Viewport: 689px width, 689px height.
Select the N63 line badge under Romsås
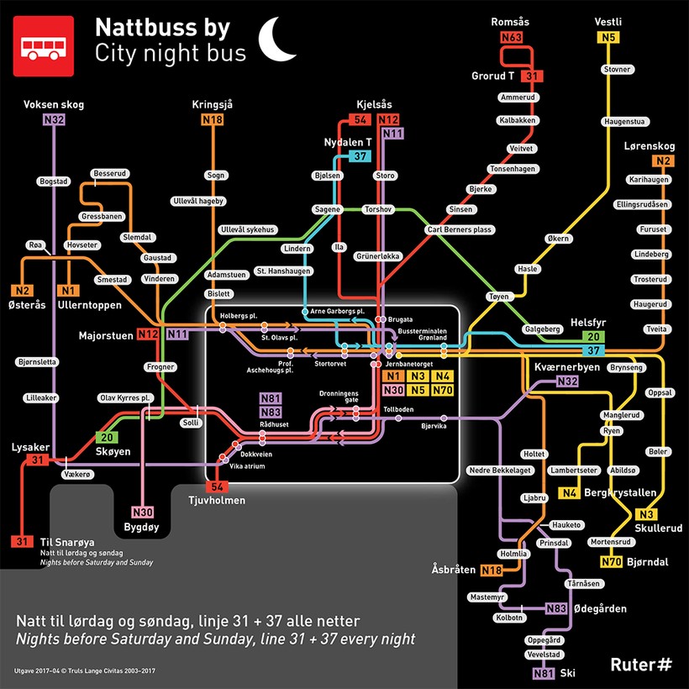(x=511, y=38)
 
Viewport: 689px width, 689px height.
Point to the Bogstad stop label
(x=54, y=181)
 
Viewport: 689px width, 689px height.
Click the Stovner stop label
(x=616, y=69)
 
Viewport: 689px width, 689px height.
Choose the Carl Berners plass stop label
(x=459, y=229)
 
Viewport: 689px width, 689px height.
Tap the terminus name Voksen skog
(x=54, y=105)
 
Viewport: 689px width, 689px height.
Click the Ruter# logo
(x=641, y=664)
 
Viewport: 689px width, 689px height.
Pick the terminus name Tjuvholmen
(x=217, y=502)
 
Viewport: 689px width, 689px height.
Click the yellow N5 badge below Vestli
(x=607, y=38)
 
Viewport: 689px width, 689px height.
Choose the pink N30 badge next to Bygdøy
(x=143, y=513)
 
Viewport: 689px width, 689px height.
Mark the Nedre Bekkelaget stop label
(x=499, y=470)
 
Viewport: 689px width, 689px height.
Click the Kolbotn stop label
(x=510, y=618)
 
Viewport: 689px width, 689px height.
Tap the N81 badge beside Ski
(x=544, y=673)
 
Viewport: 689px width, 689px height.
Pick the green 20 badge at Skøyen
(x=107, y=437)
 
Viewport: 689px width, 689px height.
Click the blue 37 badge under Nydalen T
(x=360, y=156)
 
